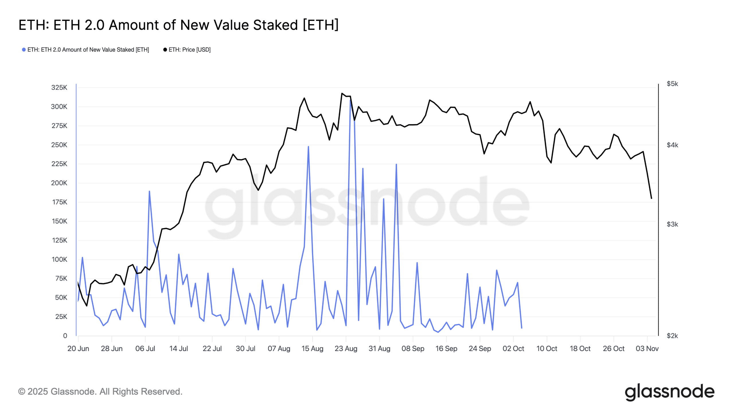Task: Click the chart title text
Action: tap(178, 25)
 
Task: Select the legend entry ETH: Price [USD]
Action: tap(187, 50)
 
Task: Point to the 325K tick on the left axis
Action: tap(59, 87)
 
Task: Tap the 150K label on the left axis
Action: tap(59, 221)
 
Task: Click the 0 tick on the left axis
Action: tap(65, 336)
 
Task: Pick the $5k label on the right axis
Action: tap(672, 84)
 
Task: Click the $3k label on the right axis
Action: tap(672, 224)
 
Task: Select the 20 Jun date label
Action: tap(78, 348)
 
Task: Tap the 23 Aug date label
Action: tap(346, 348)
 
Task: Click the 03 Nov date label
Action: tap(647, 348)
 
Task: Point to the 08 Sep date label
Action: tap(413, 348)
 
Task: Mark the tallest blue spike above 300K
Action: tap(350, 99)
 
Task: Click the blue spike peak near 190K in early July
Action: tap(149, 191)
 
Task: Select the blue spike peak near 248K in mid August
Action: tap(308, 147)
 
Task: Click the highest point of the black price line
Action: tap(342, 93)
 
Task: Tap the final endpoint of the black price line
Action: tap(651, 198)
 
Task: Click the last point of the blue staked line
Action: tap(522, 328)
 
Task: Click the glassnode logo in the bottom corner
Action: tap(669, 392)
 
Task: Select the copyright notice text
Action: tap(100, 391)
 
